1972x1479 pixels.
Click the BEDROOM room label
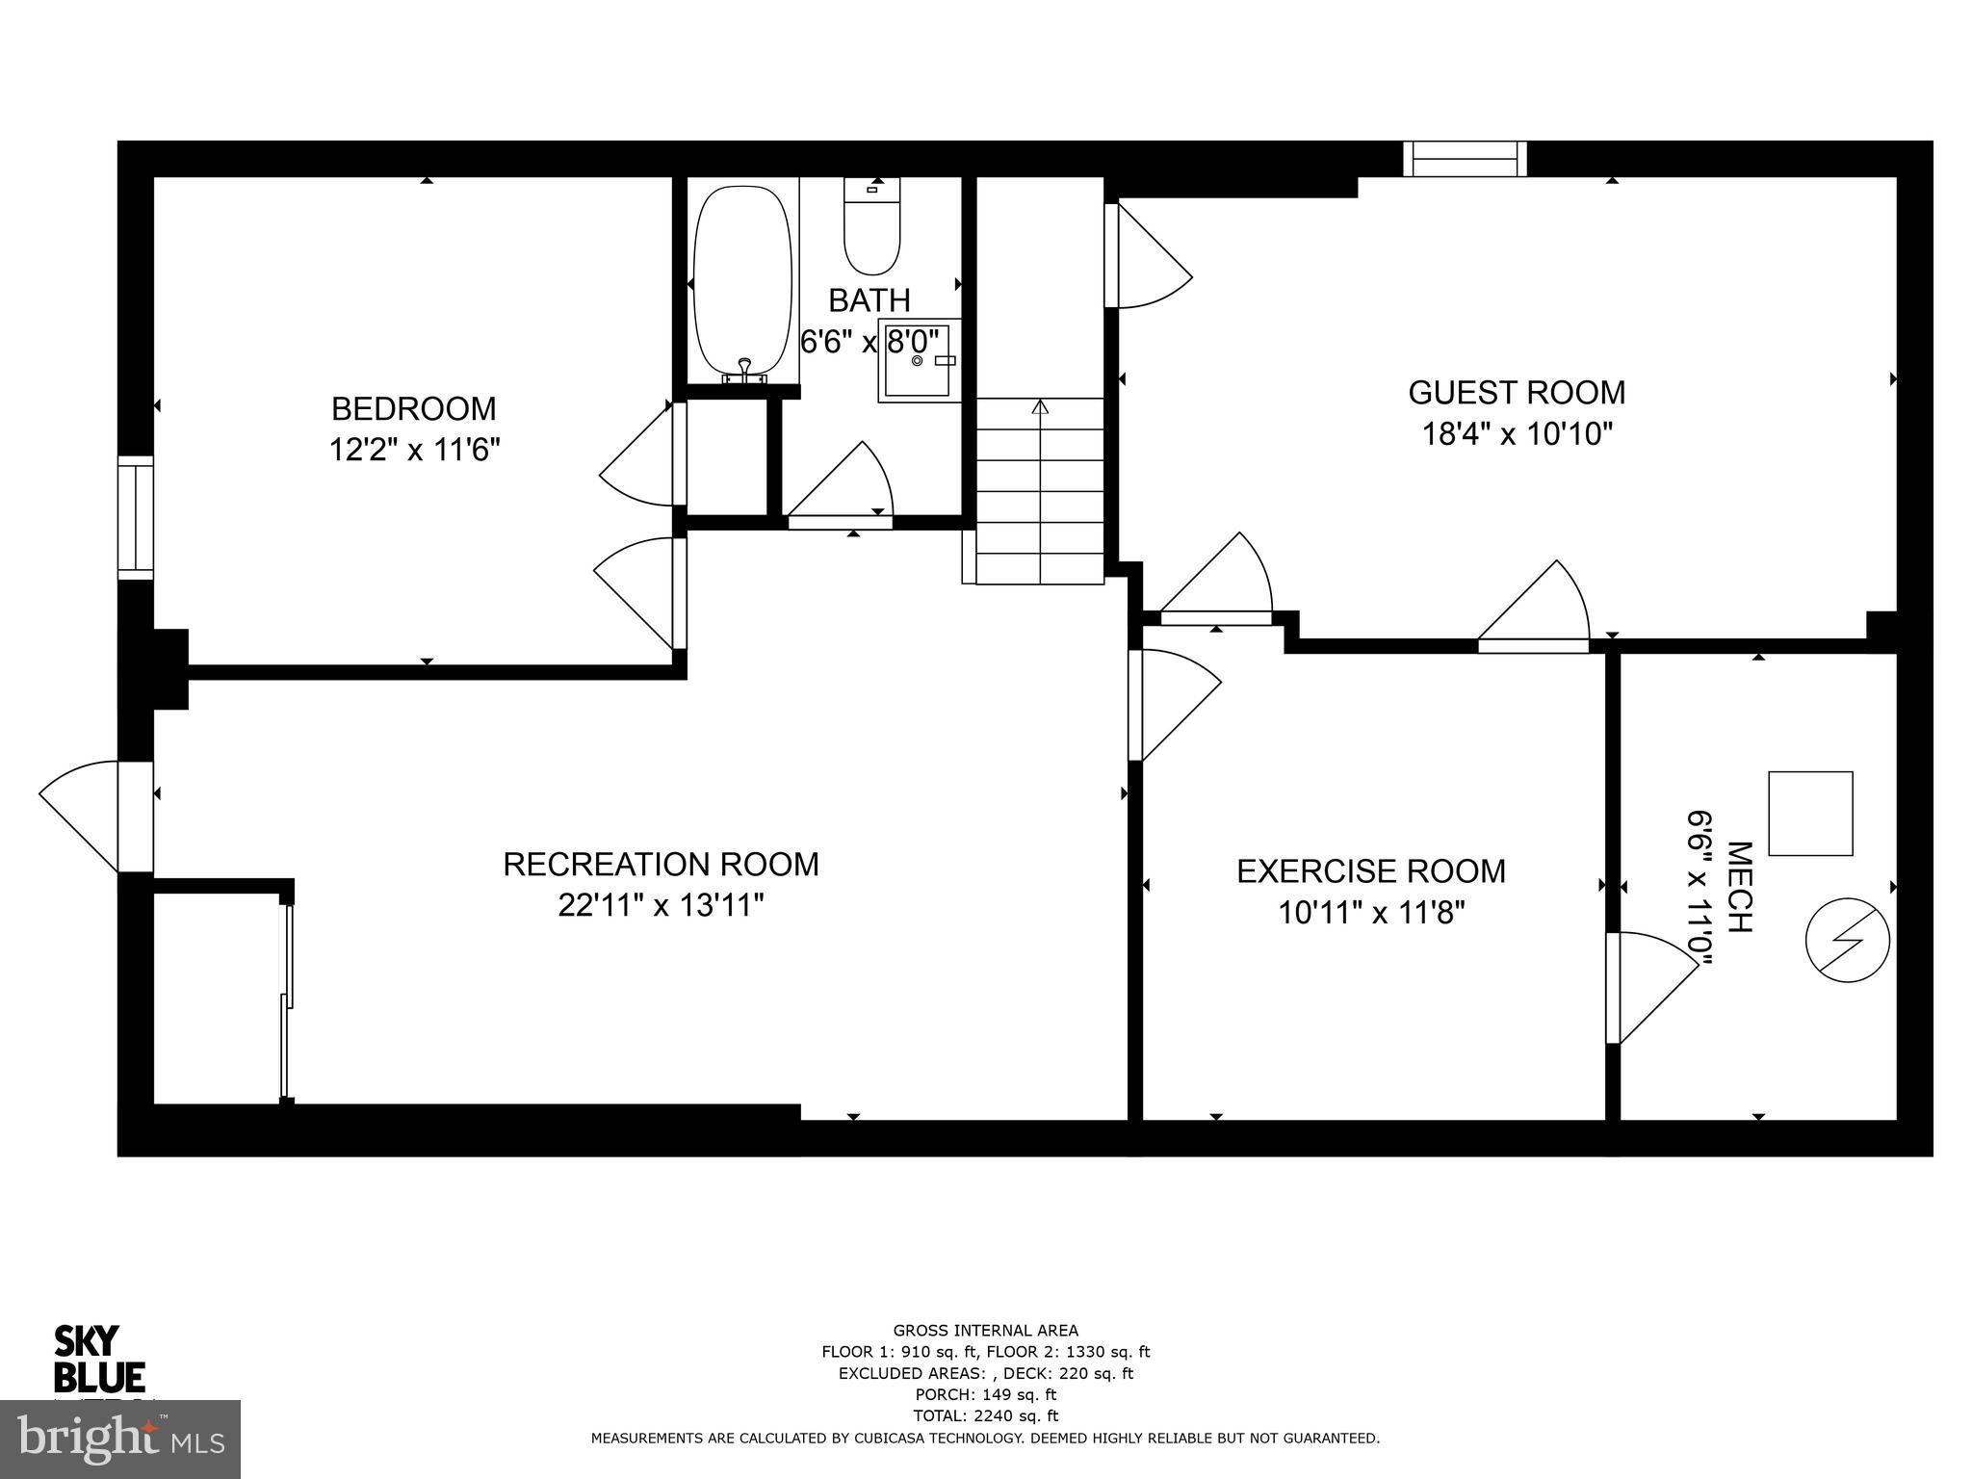pyautogui.click(x=413, y=408)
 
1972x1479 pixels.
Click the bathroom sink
pyautogui.click(x=918, y=360)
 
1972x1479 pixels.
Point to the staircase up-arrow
pyautogui.click(x=1040, y=408)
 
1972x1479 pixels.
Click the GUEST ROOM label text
pyautogui.click(x=1516, y=393)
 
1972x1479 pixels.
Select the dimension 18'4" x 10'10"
pyautogui.click(x=1517, y=434)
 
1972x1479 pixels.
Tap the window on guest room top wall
pyautogui.click(x=1465, y=159)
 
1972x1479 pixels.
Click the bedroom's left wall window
pyautogui.click(x=136, y=517)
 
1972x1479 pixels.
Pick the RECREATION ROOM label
pyautogui.click(x=661, y=864)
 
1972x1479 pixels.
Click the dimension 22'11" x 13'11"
pyautogui.click(x=661, y=905)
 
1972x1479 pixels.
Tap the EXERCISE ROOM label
pyautogui.click(x=1370, y=870)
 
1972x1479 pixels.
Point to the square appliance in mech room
pyautogui.click(x=1810, y=813)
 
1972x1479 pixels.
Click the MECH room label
pyautogui.click(x=1739, y=887)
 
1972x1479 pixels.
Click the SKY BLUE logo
pyautogui.click(x=99, y=1359)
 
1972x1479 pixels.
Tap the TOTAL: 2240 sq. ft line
pyautogui.click(x=985, y=1415)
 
